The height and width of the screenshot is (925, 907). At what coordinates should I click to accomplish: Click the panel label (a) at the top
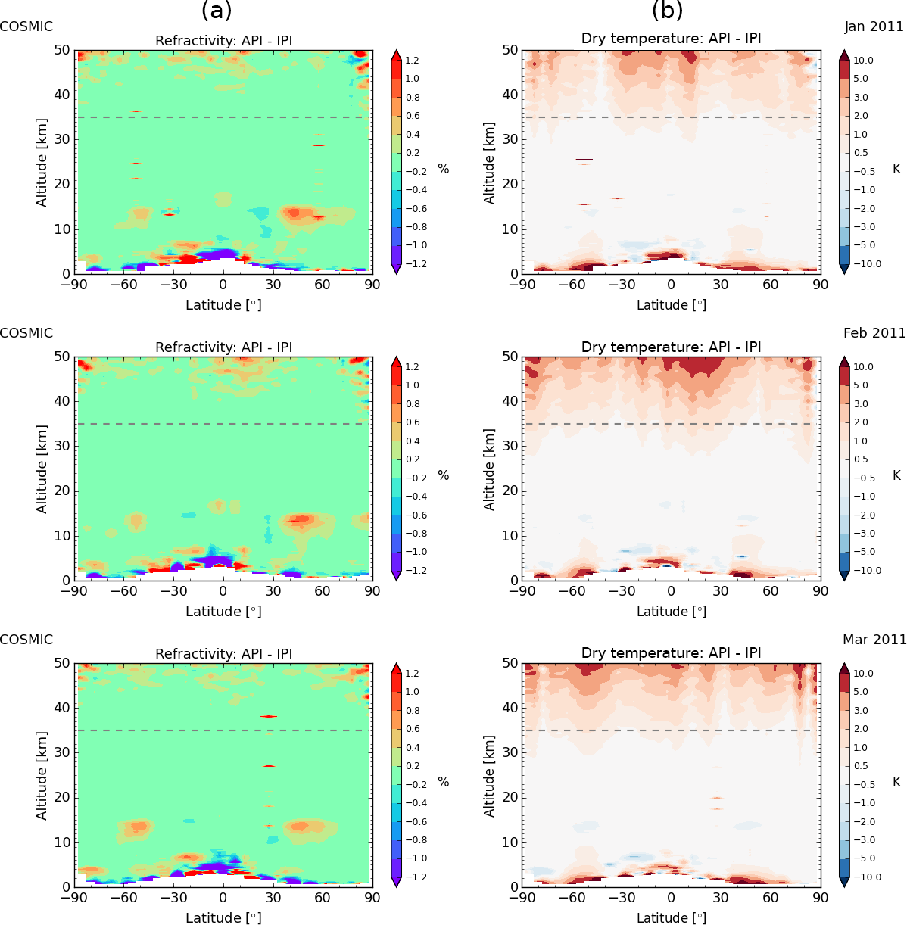tap(217, 11)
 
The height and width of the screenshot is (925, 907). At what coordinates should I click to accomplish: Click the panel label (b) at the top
tap(668, 11)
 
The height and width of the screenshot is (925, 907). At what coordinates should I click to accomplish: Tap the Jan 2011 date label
tap(874, 26)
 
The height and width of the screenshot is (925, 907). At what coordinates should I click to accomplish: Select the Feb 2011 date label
tap(874, 333)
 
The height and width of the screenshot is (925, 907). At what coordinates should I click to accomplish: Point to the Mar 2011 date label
tap(874, 640)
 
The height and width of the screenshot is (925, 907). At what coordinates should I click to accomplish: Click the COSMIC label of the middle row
tap(26, 333)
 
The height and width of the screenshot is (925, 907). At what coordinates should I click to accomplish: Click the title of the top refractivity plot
tap(223, 41)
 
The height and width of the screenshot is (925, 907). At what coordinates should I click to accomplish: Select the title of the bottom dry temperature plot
tap(671, 653)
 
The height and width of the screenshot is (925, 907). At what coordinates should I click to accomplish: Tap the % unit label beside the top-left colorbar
tap(444, 169)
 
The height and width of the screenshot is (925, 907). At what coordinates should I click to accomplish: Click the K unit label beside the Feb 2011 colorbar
tap(897, 475)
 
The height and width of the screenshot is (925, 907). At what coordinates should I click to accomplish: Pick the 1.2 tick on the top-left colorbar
tap(412, 61)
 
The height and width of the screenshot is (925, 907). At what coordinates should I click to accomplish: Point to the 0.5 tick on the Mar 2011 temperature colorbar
tap(862, 766)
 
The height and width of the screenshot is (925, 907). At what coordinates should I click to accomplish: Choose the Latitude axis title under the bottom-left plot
tap(223, 917)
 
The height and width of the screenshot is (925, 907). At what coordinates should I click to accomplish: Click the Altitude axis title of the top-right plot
tap(489, 162)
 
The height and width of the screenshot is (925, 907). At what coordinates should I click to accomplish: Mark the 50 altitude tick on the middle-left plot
tap(62, 357)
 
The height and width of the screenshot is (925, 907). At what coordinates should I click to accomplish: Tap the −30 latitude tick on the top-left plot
tap(173, 285)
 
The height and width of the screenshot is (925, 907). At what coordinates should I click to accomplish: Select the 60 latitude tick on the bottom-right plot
tap(771, 899)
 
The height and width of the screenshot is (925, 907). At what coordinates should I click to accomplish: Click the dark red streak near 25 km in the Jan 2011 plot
tap(584, 160)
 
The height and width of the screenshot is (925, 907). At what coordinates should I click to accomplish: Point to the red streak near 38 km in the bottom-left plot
tap(269, 716)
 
